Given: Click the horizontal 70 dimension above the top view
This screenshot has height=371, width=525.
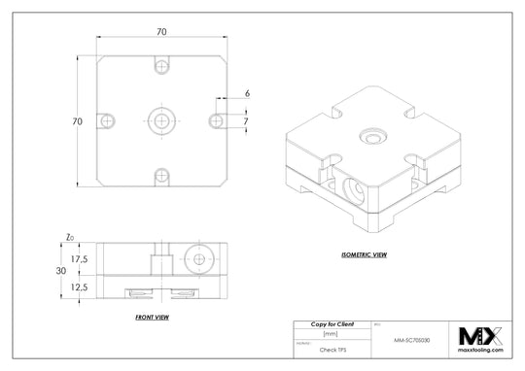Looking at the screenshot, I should click(161, 32).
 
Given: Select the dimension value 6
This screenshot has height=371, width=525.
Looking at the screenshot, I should click(247, 93).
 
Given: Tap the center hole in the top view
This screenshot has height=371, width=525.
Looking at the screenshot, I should click(161, 119).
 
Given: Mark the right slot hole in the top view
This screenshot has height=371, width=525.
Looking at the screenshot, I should click(215, 119).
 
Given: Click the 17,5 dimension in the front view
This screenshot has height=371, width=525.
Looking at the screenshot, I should click(80, 259).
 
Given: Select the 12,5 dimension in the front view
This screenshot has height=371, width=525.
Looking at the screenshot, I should click(80, 287).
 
